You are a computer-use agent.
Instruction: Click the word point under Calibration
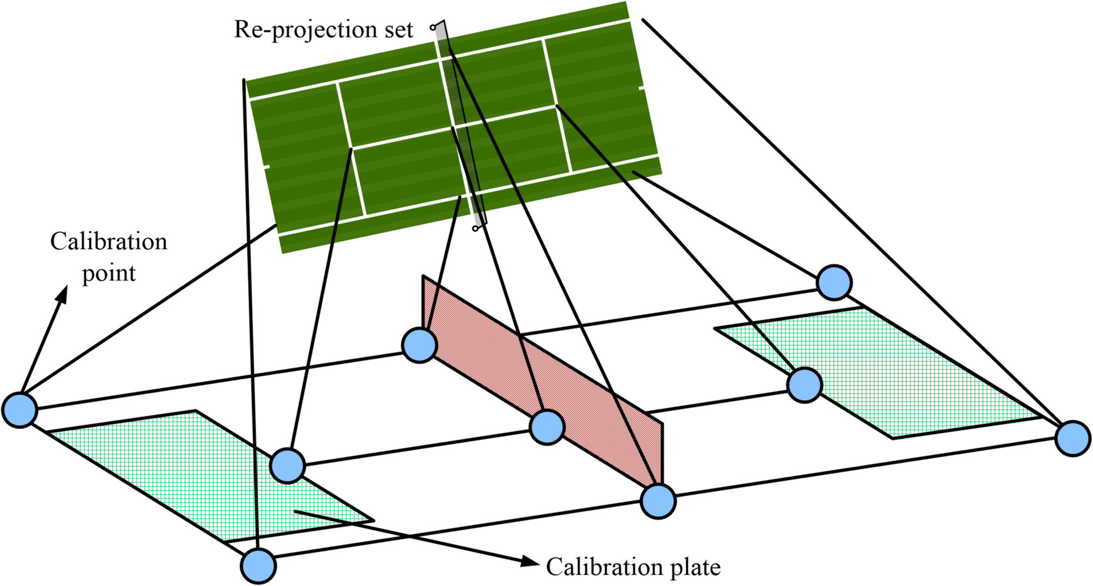[109, 273]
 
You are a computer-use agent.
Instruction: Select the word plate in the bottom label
[695, 567]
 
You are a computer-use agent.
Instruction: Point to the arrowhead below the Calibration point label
[63, 295]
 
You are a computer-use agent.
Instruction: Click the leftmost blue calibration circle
[20, 410]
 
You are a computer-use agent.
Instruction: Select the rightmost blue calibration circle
[1072, 438]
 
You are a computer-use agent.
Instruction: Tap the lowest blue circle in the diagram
[259, 566]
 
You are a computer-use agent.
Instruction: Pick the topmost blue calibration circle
[834, 283]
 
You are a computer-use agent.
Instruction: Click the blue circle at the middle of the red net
[547, 428]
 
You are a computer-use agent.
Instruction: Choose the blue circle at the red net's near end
[658, 501]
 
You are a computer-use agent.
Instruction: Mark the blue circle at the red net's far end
[419, 345]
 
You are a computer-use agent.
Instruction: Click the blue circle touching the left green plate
[287, 466]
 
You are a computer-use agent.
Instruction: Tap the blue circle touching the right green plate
[805, 385]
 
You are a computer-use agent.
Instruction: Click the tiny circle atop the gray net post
[433, 27]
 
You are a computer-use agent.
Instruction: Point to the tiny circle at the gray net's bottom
[475, 229]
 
